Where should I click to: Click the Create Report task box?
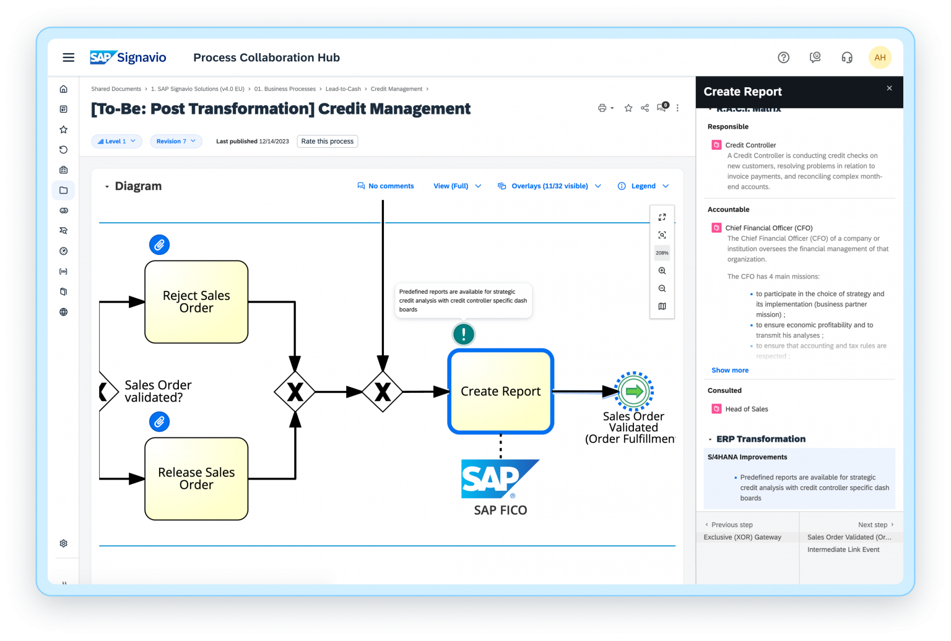tap(500, 392)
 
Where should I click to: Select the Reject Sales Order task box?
tap(196, 302)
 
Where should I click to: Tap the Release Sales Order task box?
tap(196, 479)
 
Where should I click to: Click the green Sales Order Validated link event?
tap(634, 391)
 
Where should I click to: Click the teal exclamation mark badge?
tap(463, 334)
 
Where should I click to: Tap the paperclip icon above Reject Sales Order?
tap(159, 245)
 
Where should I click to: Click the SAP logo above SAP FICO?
tap(499, 478)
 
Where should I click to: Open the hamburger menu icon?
tap(69, 58)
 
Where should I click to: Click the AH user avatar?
tap(880, 58)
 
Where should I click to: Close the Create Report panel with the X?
tap(889, 88)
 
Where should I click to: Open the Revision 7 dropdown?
tap(176, 141)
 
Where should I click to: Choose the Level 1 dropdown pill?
tap(116, 141)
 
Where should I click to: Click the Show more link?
tap(730, 370)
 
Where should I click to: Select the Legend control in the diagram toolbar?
tap(643, 186)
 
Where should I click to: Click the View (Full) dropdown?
tap(457, 186)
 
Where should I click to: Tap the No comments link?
tap(386, 186)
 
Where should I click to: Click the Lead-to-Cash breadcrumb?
tap(343, 89)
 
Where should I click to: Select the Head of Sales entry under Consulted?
tap(746, 409)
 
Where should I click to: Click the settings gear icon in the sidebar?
tap(63, 543)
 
